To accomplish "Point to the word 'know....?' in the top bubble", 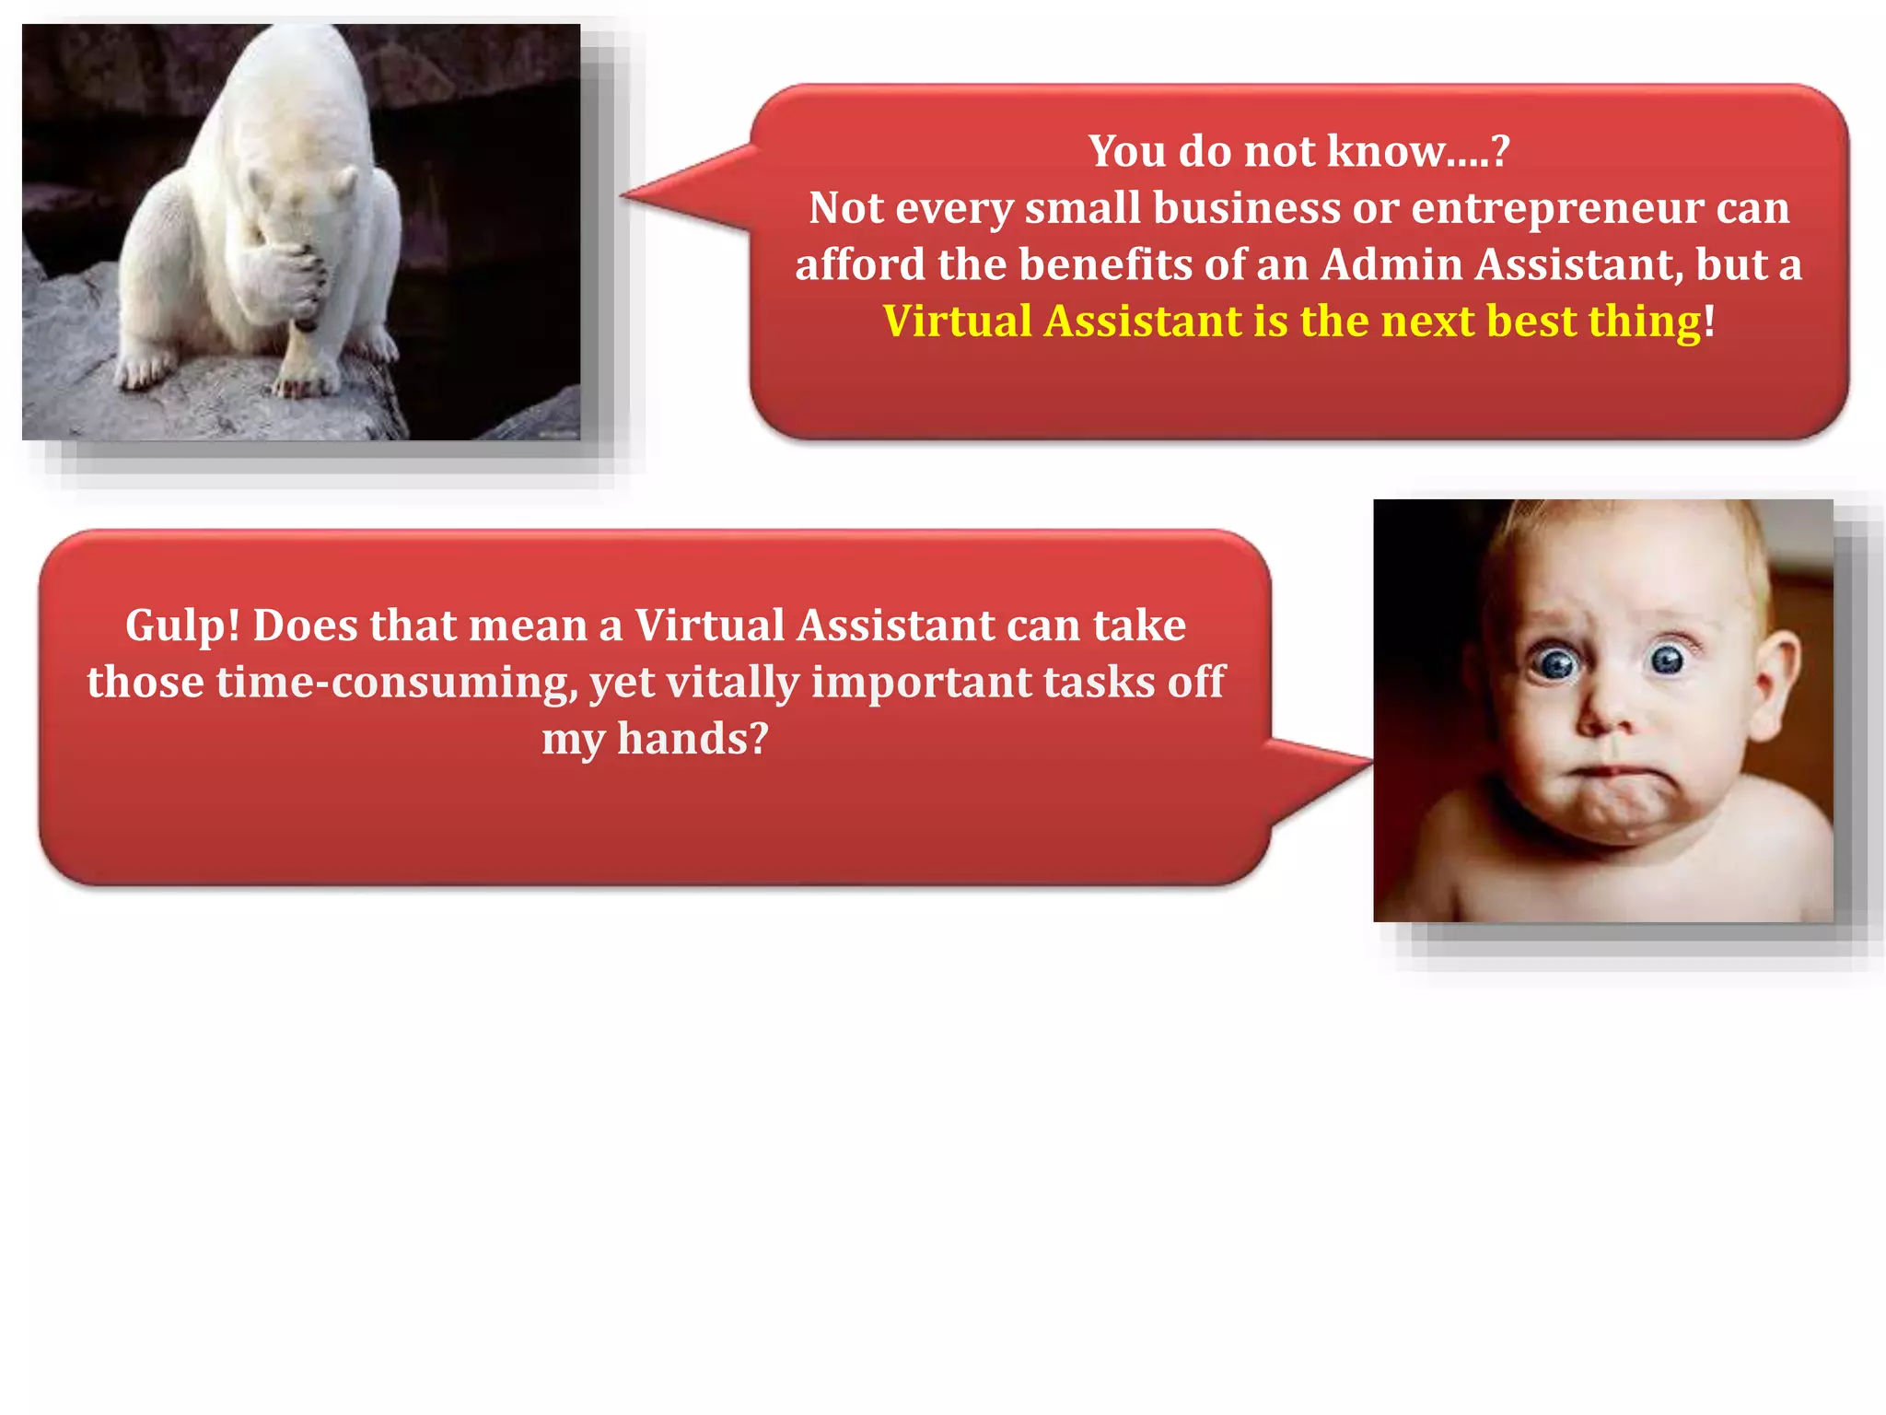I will pos(1418,151).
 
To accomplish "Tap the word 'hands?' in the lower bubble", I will pos(693,740).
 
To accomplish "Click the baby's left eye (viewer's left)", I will pos(1557,663).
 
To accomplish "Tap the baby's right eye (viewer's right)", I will pos(1667,659).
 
